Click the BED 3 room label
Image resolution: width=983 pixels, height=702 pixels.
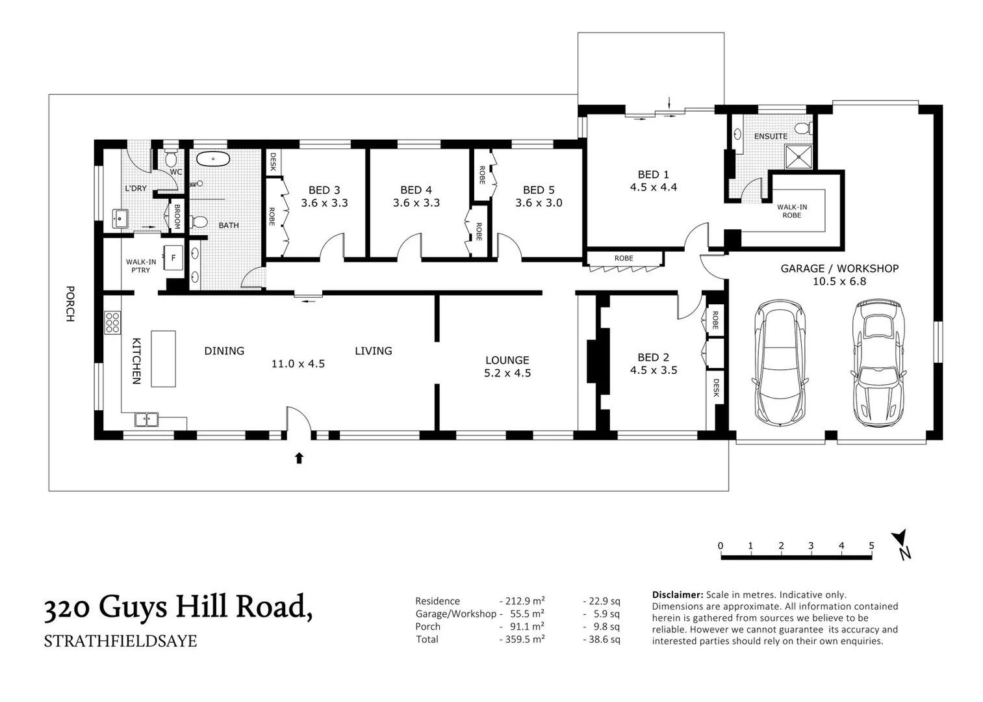(x=324, y=190)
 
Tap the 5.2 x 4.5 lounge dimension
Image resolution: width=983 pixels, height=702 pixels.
(x=507, y=373)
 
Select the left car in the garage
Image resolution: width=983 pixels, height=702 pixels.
(x=779, y=363)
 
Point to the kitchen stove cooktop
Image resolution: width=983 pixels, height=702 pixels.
(x=112, y=323)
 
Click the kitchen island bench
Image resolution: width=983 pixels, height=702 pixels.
(x=163, y=359)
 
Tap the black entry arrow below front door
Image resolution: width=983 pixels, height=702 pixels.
(x=299, y=458)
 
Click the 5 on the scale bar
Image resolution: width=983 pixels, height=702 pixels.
(x=871, y=545)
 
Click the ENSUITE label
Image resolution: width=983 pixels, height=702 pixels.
(x=771, y=136)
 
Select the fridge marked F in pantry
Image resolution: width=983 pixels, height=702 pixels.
(x=173, y=257)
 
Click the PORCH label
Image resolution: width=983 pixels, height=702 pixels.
(x=70, y=304)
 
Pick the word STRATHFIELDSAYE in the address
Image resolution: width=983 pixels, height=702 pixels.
(x=120, y=641)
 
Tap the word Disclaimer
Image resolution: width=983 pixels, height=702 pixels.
(x=677, y=595)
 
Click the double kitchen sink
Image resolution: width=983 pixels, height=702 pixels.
(x=147, y=420)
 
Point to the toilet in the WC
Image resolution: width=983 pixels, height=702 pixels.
(x=172, y=158)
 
